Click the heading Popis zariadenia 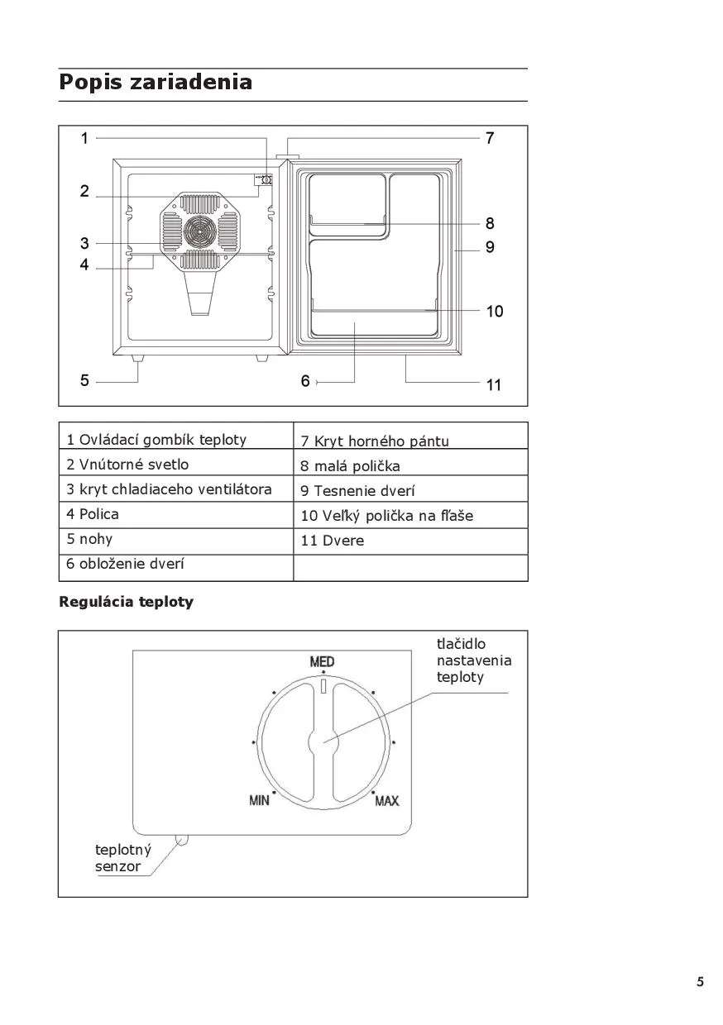click(x=156, y=83)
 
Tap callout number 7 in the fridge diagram click(x=490, y=138)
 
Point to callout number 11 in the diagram click(x=494, y=384)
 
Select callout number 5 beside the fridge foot click(x=84, y=381)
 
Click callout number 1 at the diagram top click(x=84, y=138)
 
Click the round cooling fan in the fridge click(x=198, y=231)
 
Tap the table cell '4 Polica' click(x=93, y=514)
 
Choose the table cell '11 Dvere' click(x=333, y=541)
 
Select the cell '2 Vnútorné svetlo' click(x=128, y=465)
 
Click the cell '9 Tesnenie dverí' click(x=358, y=491)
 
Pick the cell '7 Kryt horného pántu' click(x=375, y=441)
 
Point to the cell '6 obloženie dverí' click(x=125, y=565)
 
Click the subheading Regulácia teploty click(x=126, y=603)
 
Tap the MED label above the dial click(x=322, y=662)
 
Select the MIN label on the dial click(x=260, y=800)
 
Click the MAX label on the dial click(x=386, y=800)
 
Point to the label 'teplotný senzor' click(x=118, y=858)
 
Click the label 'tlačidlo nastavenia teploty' click(x=473, y=660)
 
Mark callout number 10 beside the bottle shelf click(x=494, y=312)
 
